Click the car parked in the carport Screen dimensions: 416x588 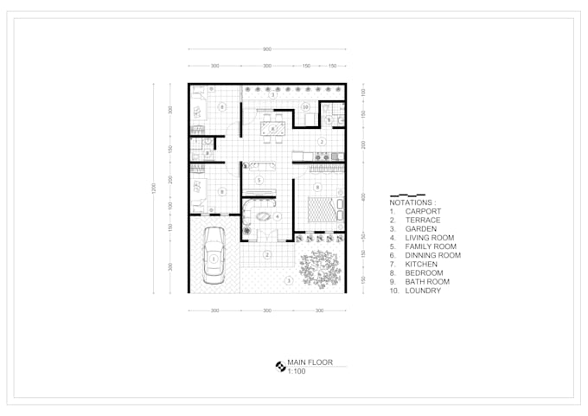(x=212, y=257)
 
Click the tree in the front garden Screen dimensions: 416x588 (x=320, y=267)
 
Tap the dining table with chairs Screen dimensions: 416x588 (x=272, y=129)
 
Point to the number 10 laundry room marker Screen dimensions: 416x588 (x=306, y=107)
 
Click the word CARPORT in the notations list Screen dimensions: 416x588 (x=424, y=211)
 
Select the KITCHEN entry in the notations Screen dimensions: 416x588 (x=422, y=264)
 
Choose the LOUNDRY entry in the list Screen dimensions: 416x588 (x=423, y=291)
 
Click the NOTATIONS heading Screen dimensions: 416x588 (x=413, y=202)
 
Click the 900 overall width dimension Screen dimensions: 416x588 (x=267, y=48)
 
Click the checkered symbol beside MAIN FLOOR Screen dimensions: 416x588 (x=280, y=366)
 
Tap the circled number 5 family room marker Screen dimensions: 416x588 (x=259, y=179)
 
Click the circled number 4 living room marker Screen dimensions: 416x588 (x=277, y=216)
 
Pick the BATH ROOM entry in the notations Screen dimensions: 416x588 (x=428, y=282)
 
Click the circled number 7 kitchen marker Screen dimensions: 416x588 (x=321, y=141)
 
